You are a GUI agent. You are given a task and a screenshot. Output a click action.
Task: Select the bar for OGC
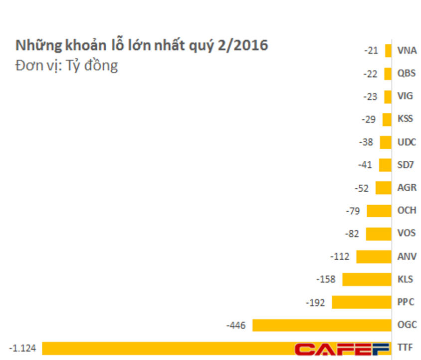point(322,325)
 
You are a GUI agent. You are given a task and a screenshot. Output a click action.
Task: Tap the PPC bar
point(362,302)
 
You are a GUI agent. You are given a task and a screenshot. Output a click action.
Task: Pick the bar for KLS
point(367,279)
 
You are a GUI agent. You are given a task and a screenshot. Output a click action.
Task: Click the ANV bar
point(374,257)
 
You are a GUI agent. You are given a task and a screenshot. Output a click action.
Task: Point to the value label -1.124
point(22,348)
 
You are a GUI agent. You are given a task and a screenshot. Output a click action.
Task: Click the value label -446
point(235,325)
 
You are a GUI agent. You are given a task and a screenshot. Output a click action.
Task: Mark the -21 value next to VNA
point(371,50)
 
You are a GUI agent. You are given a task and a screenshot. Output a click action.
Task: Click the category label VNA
point(407,50)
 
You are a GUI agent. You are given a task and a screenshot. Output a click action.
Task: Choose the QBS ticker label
point(406,73)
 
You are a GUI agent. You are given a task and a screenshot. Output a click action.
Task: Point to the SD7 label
point(406,165)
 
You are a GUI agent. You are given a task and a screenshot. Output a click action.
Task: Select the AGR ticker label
point(407,188)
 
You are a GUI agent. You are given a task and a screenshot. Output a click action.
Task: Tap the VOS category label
point(406,234)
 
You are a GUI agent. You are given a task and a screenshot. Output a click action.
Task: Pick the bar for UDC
point(386,142)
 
